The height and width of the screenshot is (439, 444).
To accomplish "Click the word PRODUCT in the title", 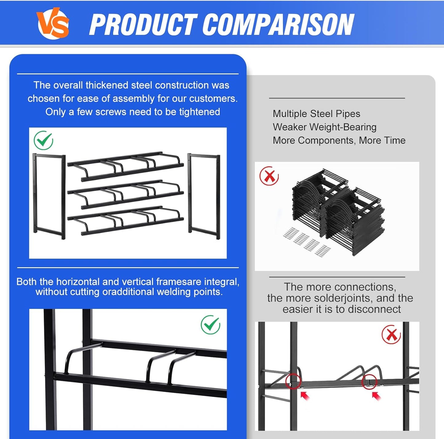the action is coord(143,24).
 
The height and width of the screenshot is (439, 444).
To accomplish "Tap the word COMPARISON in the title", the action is coord(278,24).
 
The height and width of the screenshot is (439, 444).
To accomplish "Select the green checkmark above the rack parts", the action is coord(43,140).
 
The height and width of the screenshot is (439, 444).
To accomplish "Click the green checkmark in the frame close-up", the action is coord(210,325).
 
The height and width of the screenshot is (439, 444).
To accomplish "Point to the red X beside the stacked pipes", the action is coord(269,176).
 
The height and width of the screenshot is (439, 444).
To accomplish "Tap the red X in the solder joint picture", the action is coord(391,334).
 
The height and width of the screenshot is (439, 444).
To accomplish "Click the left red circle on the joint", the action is coord(293,382).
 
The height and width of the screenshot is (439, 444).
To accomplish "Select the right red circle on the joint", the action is coord(369,382).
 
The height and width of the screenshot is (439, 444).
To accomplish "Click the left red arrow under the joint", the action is coord(305,396).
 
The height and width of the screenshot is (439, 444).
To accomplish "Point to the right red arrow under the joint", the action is coord(376,396).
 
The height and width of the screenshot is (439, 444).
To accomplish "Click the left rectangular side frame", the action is coord(49,196).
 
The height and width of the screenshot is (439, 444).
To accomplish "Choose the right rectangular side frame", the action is coord(204,196).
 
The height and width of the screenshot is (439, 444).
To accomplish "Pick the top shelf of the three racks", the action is coord(126,166).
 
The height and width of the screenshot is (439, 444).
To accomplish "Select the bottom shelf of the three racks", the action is coord(126,220).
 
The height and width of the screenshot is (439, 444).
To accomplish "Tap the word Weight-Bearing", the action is coord(343,127).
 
